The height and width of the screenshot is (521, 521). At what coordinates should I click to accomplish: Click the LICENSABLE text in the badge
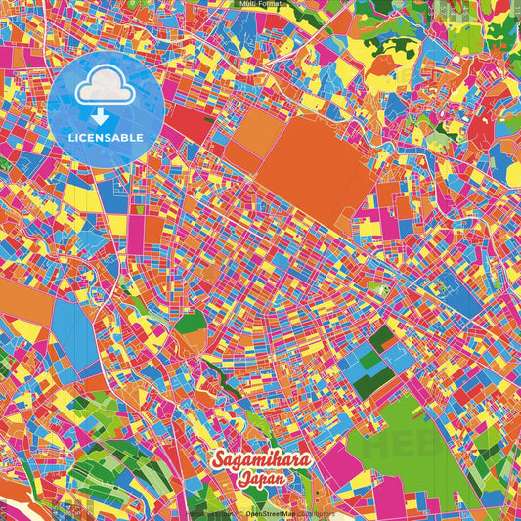point(105,137)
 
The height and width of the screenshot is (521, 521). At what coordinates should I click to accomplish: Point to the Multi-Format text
point(260,4)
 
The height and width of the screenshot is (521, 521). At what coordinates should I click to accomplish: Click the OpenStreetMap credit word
point(270,513)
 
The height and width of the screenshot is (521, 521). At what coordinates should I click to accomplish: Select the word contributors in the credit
point(315,513)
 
